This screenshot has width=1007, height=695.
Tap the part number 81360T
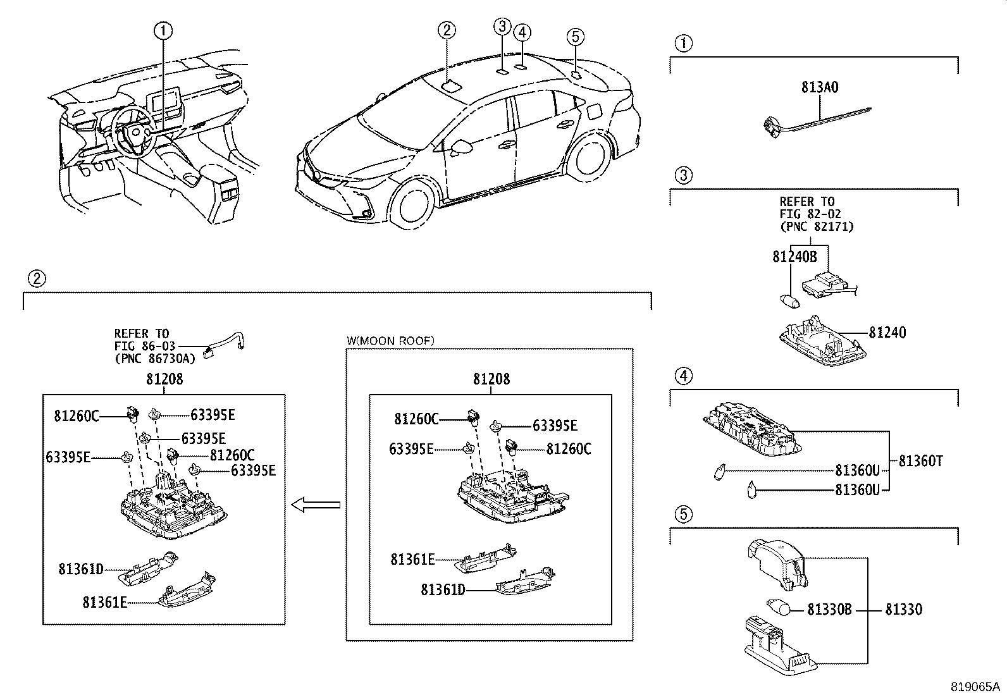920,461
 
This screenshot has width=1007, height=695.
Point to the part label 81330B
829,610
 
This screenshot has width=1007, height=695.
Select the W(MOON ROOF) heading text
390,341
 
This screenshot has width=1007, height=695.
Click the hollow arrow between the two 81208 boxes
316,505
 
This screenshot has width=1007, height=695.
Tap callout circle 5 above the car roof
574,37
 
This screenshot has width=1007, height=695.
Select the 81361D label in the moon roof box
443,589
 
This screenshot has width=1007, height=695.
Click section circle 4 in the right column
683,377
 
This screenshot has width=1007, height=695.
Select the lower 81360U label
857,489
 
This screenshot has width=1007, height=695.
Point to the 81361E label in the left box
104,602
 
